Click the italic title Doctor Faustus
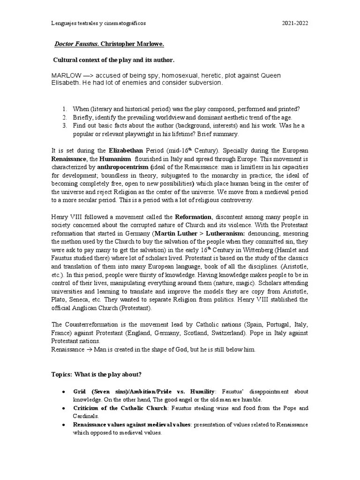76,44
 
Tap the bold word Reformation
194,217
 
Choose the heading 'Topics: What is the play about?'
96,375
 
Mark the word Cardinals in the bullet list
86,416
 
